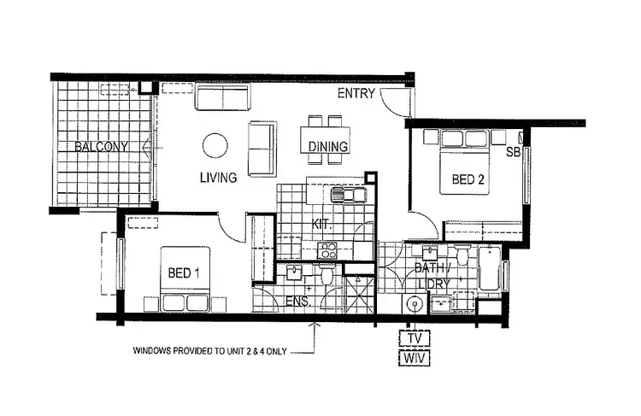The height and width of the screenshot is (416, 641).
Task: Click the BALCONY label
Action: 101,147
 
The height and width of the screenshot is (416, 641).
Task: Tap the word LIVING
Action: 219,179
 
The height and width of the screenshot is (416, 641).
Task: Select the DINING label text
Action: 328,147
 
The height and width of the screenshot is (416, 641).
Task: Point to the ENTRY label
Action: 356,93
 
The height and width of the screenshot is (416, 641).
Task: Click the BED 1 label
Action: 185,273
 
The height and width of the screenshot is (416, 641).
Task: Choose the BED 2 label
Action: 468,179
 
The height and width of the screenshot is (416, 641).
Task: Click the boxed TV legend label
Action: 415,338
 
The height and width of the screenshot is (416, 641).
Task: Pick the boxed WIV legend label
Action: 415,358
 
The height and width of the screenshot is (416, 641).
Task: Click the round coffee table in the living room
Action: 215,145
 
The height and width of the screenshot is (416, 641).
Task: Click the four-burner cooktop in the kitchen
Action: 328,250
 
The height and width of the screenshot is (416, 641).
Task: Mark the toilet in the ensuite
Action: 326,275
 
